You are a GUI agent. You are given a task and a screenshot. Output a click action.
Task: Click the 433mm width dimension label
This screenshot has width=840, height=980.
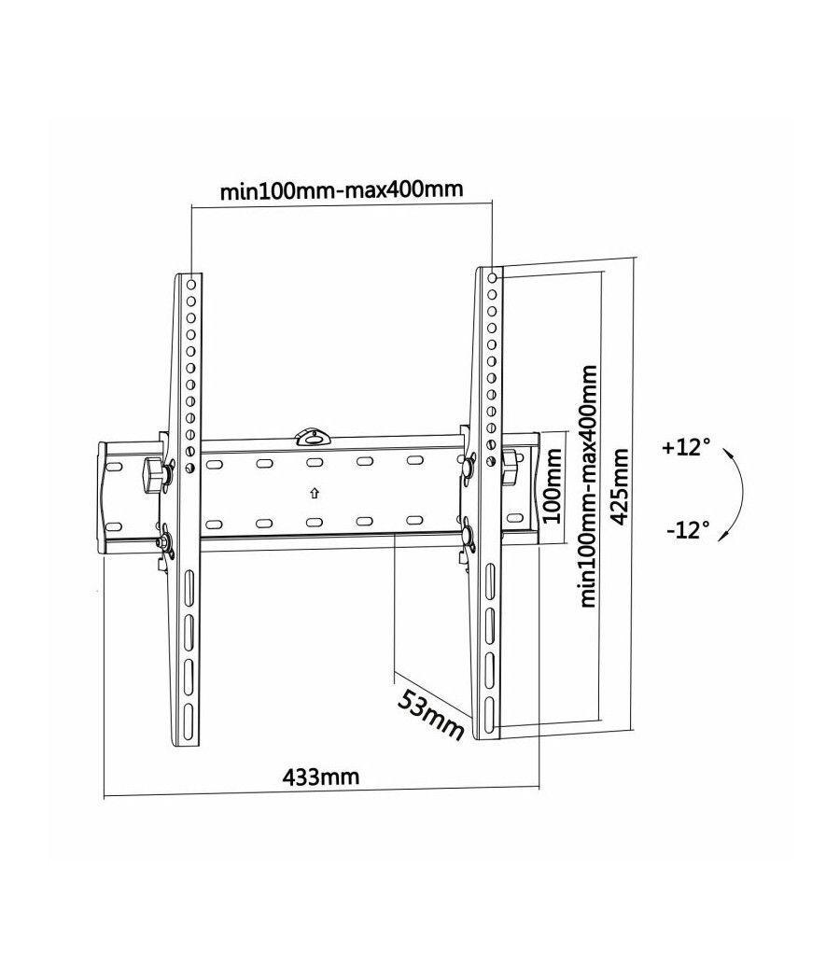(320, 776)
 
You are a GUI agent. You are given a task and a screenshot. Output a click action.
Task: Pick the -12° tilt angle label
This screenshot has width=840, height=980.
(688, 530)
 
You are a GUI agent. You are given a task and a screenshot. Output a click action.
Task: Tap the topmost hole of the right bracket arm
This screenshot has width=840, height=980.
(492, 277)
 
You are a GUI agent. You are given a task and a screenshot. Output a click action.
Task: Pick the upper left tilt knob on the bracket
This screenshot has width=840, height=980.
(155, 472)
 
